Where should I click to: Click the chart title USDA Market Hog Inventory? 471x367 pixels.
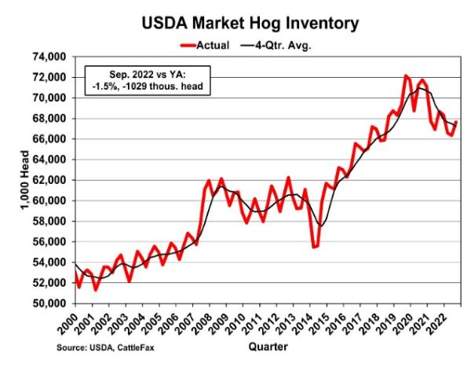250,24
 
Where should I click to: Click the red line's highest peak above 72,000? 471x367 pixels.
405,76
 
